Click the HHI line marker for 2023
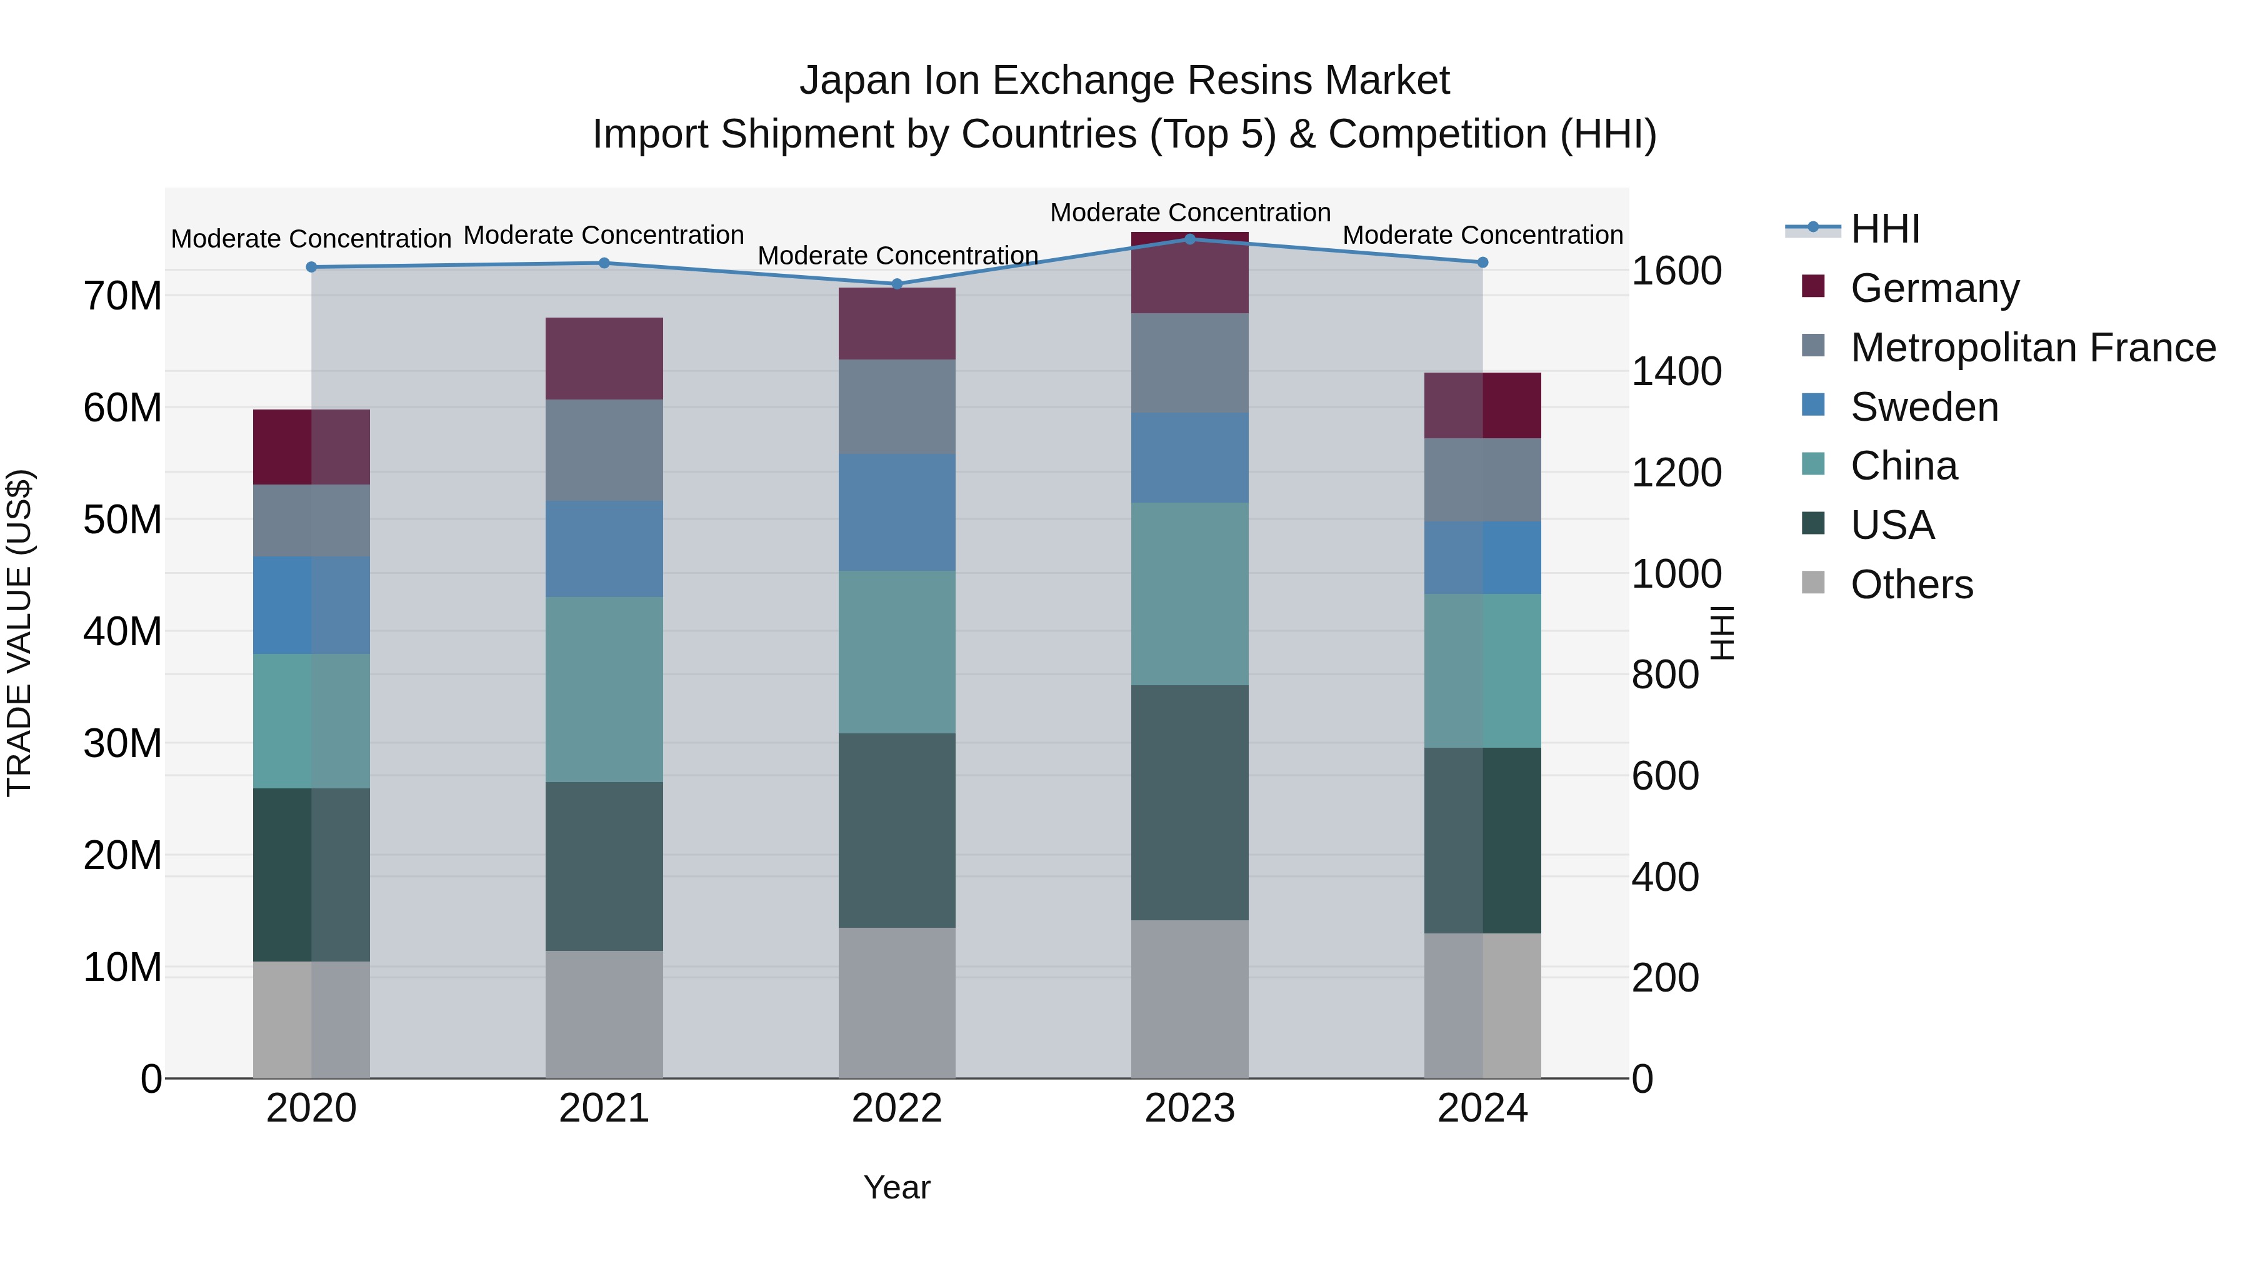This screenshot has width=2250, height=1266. pyautogui.click(x=1189, y=239)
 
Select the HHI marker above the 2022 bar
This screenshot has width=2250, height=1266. pyautogui.click(x=896, y=284)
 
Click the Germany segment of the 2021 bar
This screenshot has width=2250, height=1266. pyautogui.click(x=604, y=358)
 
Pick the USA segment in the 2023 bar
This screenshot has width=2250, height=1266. pyautogui.click(x=1189, y=802)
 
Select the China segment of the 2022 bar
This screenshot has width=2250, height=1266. pyautogui.click(x=896, y=652)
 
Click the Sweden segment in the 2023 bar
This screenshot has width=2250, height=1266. pyautogui.click(x=1189, y=457)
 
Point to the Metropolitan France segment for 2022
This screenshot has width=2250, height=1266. pyautogui.click(x=896, y=406)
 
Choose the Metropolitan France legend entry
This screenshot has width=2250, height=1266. pyautogui.click(x=2032, y=348)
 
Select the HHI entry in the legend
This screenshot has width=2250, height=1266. pyautogui.click(x=1885, y=229)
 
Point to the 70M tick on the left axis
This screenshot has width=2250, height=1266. pyautogui.click(x=122, y=296)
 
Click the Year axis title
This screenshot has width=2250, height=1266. pyautogui.click(x=896, y=1187)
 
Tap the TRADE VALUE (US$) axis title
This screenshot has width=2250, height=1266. pyautogui.click(x=20, y=633)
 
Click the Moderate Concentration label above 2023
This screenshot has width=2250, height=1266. pyautogui.click(x=1189, y=213)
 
